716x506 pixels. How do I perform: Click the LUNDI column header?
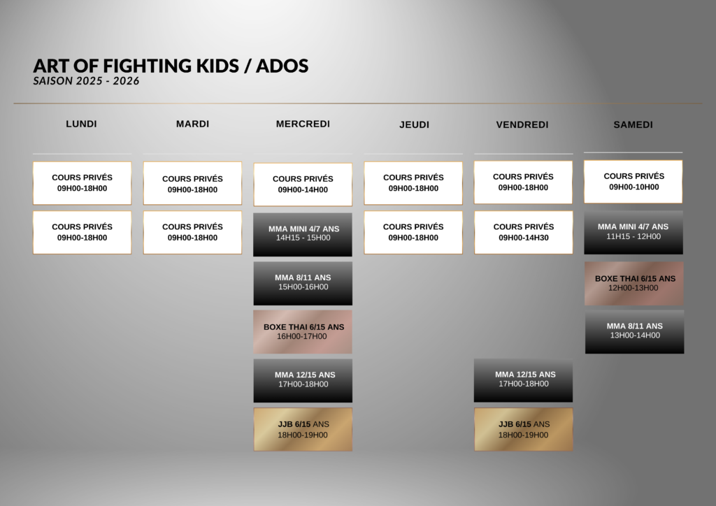81,124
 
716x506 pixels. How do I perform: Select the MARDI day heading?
193,124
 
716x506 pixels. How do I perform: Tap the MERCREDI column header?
303,124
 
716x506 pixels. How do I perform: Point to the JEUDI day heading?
414,124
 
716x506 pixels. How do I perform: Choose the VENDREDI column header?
522,124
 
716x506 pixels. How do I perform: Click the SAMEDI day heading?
633,124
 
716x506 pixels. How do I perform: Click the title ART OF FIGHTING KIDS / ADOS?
171,66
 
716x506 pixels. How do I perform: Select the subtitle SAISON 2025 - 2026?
86,81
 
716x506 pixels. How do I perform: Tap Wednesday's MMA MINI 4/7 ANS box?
303,235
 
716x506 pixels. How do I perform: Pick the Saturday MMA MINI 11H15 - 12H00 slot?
633,232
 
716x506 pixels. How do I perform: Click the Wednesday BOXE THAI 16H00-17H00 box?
303,332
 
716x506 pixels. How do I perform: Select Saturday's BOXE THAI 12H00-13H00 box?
633,283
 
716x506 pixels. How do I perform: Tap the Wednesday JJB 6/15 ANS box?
303,429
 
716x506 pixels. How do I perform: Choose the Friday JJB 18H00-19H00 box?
523,429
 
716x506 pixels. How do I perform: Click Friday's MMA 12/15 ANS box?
523,380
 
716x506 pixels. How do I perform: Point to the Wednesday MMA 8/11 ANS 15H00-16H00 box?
303,283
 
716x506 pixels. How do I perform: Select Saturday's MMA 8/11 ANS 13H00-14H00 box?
635,332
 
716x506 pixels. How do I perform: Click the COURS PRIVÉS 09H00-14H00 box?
303,185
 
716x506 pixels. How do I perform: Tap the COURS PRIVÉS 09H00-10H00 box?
633,182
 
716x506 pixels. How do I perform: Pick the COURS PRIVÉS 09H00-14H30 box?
524,232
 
